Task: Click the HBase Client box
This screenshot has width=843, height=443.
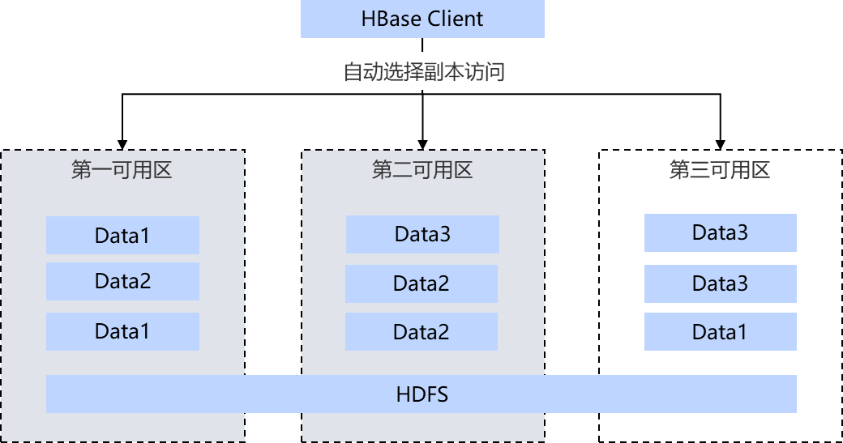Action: [x=422, y=19]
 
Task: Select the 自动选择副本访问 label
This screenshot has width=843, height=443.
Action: [x=424, y=72]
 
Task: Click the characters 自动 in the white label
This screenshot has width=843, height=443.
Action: [x=363, y=72]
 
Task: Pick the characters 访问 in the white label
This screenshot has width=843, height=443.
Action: [x=485, y=72]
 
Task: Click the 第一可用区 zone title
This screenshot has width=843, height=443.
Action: [x=122, y=170]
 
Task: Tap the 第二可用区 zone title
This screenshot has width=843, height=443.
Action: [x=421, y=170]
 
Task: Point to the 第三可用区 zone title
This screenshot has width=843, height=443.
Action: [x=719, y=170]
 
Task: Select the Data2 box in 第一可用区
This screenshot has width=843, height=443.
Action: [x=122, y=282]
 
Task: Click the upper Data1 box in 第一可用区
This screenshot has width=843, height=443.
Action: [x=122, y=236]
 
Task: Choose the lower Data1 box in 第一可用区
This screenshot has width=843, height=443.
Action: [x=122, y=331]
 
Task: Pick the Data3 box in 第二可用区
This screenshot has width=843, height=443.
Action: [x=422, y=234]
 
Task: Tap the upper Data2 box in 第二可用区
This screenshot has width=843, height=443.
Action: [x=421, y=283]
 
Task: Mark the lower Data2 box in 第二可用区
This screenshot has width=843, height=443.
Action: [x=421, y=332]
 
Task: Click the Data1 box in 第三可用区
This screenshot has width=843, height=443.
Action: [x=720, y=332]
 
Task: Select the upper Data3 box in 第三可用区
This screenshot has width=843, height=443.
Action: [x=720, y=233]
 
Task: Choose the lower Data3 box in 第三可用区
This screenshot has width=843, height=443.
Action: [x=720, y=283]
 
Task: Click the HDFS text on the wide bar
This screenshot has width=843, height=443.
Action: [x=422, y=394]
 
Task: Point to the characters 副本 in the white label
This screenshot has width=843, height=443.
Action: [x=444, y=72]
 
